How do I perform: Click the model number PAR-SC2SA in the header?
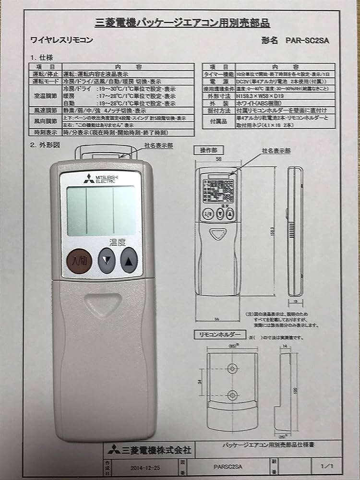pos(305,40)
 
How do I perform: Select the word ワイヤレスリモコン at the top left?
pos(61,40)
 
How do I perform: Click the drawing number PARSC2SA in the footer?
pos(228,466)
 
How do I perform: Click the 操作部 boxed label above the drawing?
pos(205,150)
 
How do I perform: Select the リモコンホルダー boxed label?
pos(219,334)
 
